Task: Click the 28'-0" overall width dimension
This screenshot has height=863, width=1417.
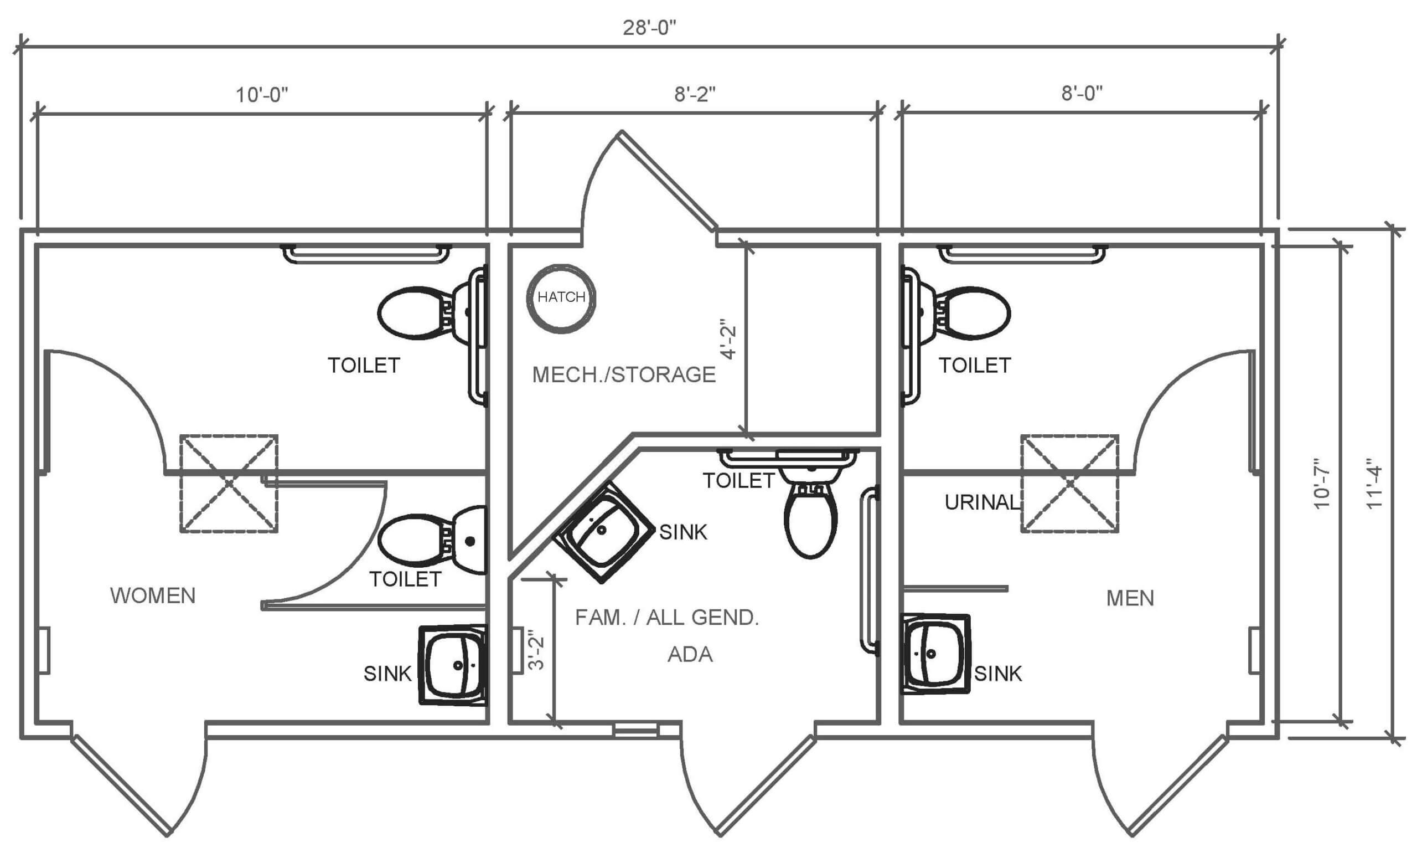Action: pyautogui.click(x=649, y=28)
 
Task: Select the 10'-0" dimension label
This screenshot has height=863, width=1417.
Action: pyautogui.click(x=262, y=95)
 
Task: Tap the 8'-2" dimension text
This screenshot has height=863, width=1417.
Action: pyautogui.click(x=695, y=94)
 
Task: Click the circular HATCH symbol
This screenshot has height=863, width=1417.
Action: pyautogui.click(x=561, y=298)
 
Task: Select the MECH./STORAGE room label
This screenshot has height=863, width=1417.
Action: pyautogui.click(x=624, y=375)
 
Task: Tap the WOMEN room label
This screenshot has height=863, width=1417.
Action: pyautogui.click(x=153, y=596)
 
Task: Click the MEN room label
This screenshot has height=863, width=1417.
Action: pyautogui.click(x=1130, y=599)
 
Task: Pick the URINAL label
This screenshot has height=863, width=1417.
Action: pyautogui.click(x=981, y=503)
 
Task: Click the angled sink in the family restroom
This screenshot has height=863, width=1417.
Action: pyautogui.click(x=604, y=532)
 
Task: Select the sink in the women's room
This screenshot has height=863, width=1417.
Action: pyautogui.click(x=453, y=665)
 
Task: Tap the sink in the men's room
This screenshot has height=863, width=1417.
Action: pyautogui.click(x=935, y=654)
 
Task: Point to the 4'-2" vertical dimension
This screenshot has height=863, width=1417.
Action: pyautogui.click(x=728, y=340)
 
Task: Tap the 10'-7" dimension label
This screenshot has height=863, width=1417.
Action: pyautogui.click(x=1322, y=483)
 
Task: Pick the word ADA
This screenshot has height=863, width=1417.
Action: pyautogui.click(x=690, y=655)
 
